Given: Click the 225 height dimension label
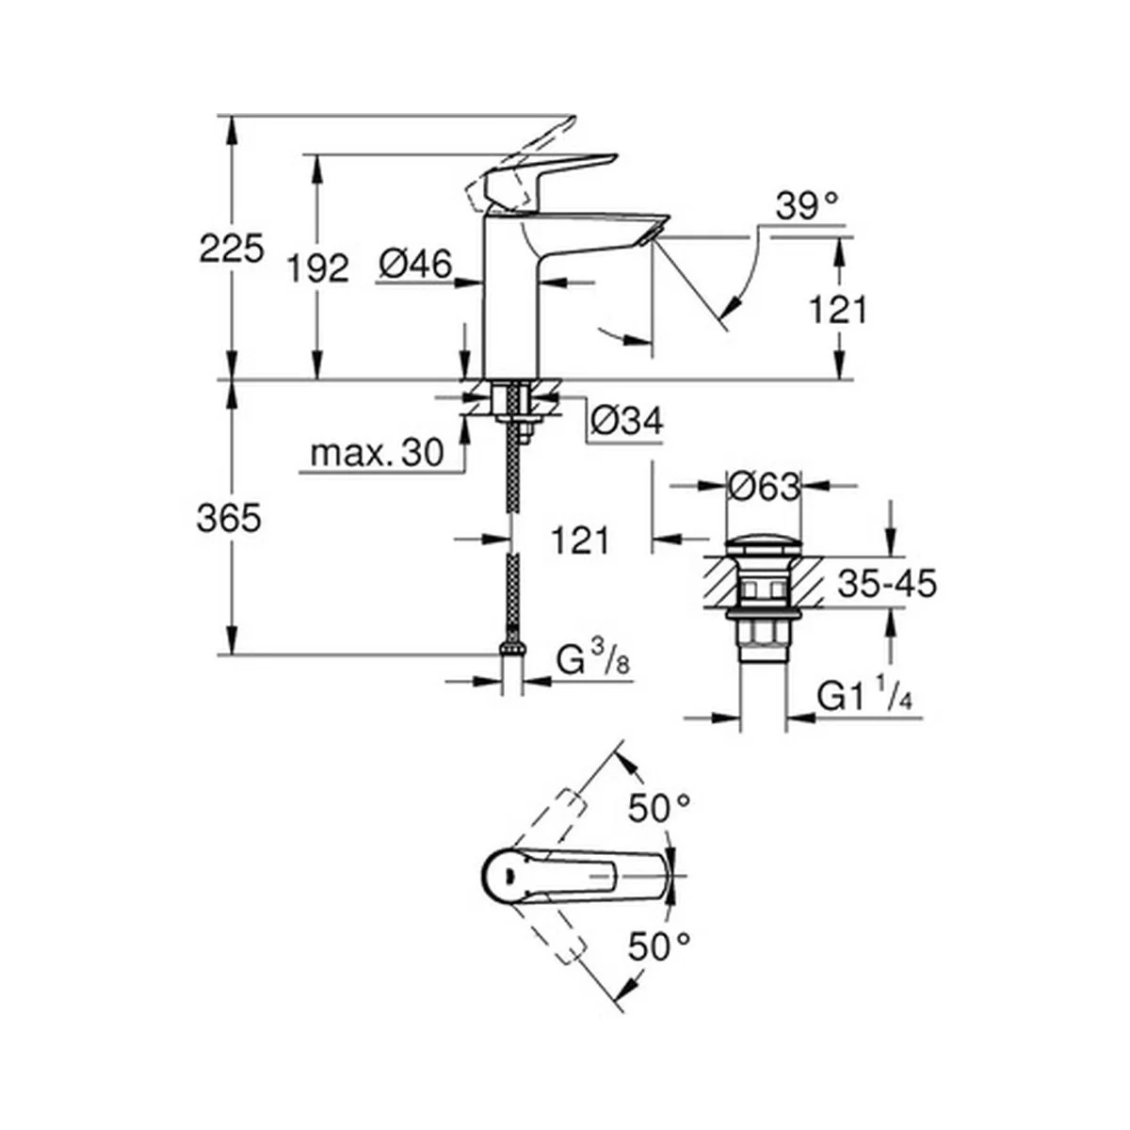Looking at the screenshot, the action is pyautogui.click(x=232, y=249).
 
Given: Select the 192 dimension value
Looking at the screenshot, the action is pyautogui.click(x=318, y=269).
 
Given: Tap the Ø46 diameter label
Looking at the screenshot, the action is pyautogui.click(x=416, y=264).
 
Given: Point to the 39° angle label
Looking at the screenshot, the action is pyautogui.click(x=807, y=206).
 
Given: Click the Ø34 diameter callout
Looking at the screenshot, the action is pyautogui.click(x=627, y=420).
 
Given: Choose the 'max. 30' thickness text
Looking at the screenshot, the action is pyautogui.click(x=377, y=454).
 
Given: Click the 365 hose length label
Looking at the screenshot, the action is pyautogui.click(x=229, y=518).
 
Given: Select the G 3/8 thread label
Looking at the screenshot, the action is pyautogui.click(x=593, y=661).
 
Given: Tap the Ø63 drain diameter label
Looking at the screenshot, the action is pyautogui.click(x=764, y=487).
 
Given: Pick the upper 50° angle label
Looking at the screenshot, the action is pyautogui.click(x=660, y=809).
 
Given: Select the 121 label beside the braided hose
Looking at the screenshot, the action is pyautogui.click(x=581, y=541).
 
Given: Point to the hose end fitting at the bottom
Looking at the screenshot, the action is pyautogui.click(x=513, y=647).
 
